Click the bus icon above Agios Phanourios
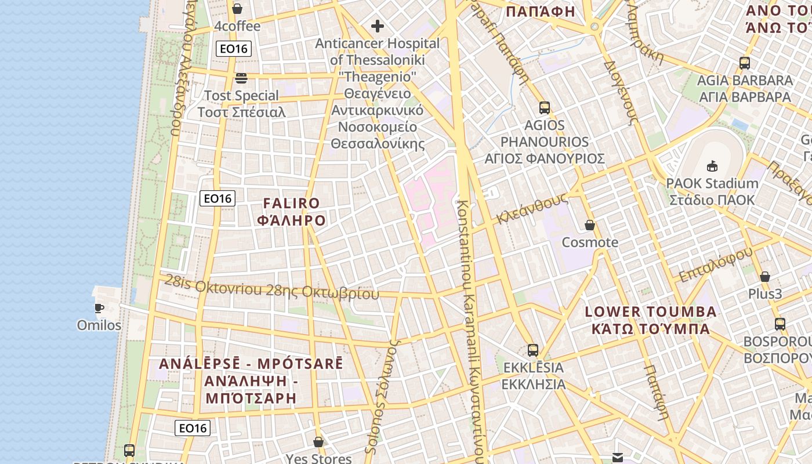tap(544, 107)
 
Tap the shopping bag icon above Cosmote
tap(590, 225)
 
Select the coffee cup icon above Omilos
tap(99, 307)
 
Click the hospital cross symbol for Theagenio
tap(378, 26)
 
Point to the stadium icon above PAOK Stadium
tap(712, 166)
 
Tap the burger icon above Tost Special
tap(241, 78)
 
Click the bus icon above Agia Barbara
tap(745, 63)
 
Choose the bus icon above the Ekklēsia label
tap(532, 350)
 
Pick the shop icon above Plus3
tap(764, 277)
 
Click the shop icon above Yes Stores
tap(318, 442)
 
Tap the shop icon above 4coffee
tap(237, 9)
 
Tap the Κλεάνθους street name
tap(531, 208)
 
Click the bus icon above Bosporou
tap(780, 324)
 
